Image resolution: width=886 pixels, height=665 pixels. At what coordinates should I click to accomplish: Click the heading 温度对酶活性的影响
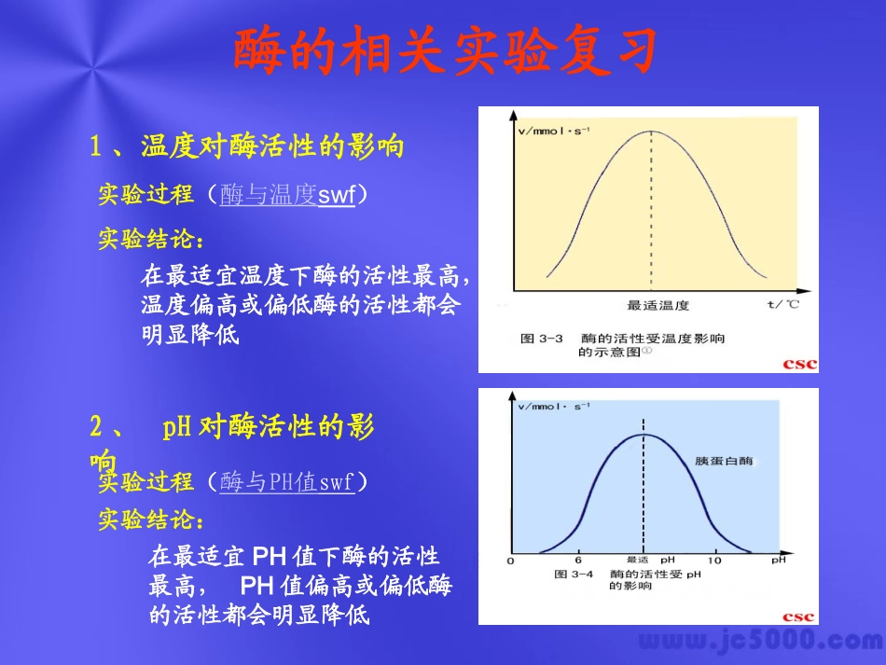(x=272, y=146)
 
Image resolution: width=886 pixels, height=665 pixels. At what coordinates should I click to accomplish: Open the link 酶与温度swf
(x=287, y=195)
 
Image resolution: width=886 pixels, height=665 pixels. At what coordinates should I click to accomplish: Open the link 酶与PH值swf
(x=287, y=482)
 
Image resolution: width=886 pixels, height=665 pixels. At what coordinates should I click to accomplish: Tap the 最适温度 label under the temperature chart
(x=658, y=305)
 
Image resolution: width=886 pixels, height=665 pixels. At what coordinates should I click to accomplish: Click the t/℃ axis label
(x=782, y=304)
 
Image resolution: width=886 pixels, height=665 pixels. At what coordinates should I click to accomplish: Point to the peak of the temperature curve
(x=651, y=131)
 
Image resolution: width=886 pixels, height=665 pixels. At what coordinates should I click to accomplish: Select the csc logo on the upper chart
(x=799, y=364)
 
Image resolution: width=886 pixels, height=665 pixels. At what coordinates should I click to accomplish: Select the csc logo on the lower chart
(x=798, y=617)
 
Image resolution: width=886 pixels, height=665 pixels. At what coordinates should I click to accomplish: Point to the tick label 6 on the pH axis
(x=578, y=561)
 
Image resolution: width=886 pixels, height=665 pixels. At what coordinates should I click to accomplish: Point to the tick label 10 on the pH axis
(x=714, y=561)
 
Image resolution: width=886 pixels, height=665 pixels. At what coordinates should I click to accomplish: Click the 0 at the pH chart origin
(x=510, y=561)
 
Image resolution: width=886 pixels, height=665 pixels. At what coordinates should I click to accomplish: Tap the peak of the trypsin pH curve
(x=644, y=435)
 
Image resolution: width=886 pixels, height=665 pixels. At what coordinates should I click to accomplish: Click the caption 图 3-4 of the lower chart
(x=574, y=575)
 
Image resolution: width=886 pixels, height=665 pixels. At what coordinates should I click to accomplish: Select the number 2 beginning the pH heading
(x=96, y=428)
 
